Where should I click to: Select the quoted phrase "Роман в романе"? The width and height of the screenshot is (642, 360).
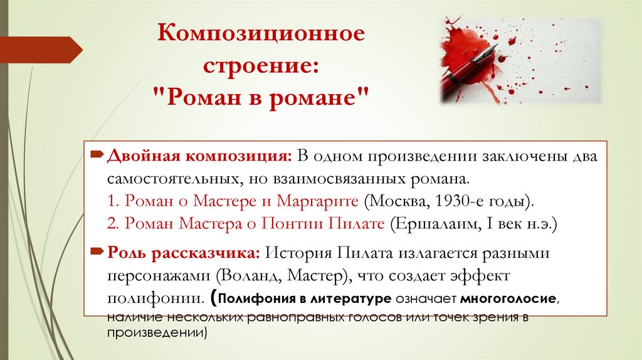point(260,96)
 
